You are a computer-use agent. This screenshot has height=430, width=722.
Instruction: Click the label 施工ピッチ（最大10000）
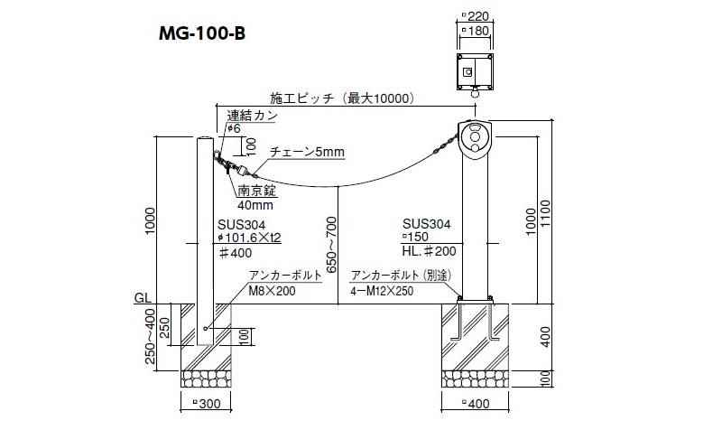tap(341, 98)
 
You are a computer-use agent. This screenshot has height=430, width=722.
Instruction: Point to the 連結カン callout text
tap(252, 115)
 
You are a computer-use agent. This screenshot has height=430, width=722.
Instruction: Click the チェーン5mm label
tap(308, 152)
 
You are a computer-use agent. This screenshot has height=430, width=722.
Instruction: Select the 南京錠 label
tap(255, 191)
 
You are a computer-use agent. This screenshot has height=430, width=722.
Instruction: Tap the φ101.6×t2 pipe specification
tap(250, 238)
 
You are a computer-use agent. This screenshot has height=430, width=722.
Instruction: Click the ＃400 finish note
tap(236, 254)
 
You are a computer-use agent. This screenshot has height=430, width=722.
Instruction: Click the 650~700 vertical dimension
tap(332, 244)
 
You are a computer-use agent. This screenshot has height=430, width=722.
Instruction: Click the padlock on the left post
tap(238, 170)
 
